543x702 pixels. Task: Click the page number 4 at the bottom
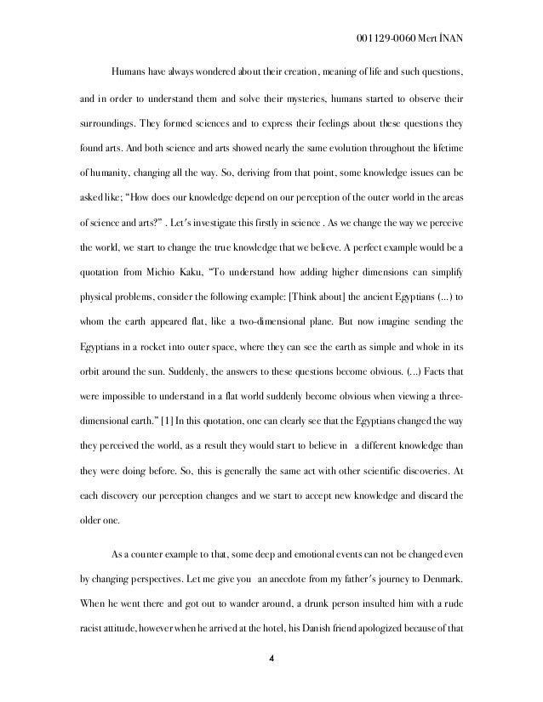pos(271,680)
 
